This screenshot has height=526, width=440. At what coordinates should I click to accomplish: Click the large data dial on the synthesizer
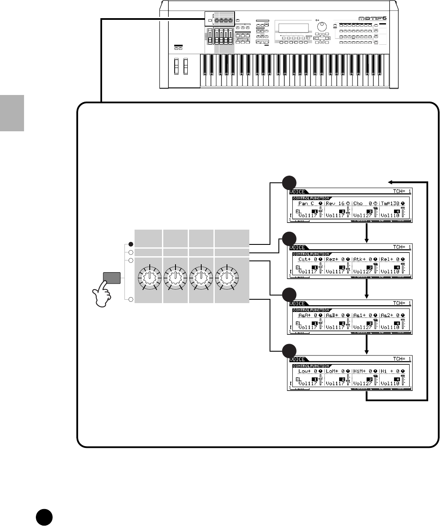(322, 27)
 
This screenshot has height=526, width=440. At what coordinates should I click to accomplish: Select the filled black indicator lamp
(131, 244)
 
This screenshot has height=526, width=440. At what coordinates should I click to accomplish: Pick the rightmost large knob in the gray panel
(227, 277)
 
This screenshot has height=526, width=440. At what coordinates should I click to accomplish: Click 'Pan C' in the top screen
(306, 203)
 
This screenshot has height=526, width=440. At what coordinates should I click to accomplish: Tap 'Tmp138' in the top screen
(391, 203)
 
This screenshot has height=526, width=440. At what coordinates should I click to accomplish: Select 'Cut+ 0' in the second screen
(307, 259)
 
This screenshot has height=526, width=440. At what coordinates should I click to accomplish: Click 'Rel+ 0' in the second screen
(390, 259)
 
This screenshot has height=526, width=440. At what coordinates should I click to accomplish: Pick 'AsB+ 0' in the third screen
(336, 315)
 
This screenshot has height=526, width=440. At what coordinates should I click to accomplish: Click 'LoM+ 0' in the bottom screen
(336, 371)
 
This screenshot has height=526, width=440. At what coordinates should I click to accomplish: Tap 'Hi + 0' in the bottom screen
(390, 371)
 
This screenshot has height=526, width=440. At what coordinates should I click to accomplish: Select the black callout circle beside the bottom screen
(289, 350)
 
